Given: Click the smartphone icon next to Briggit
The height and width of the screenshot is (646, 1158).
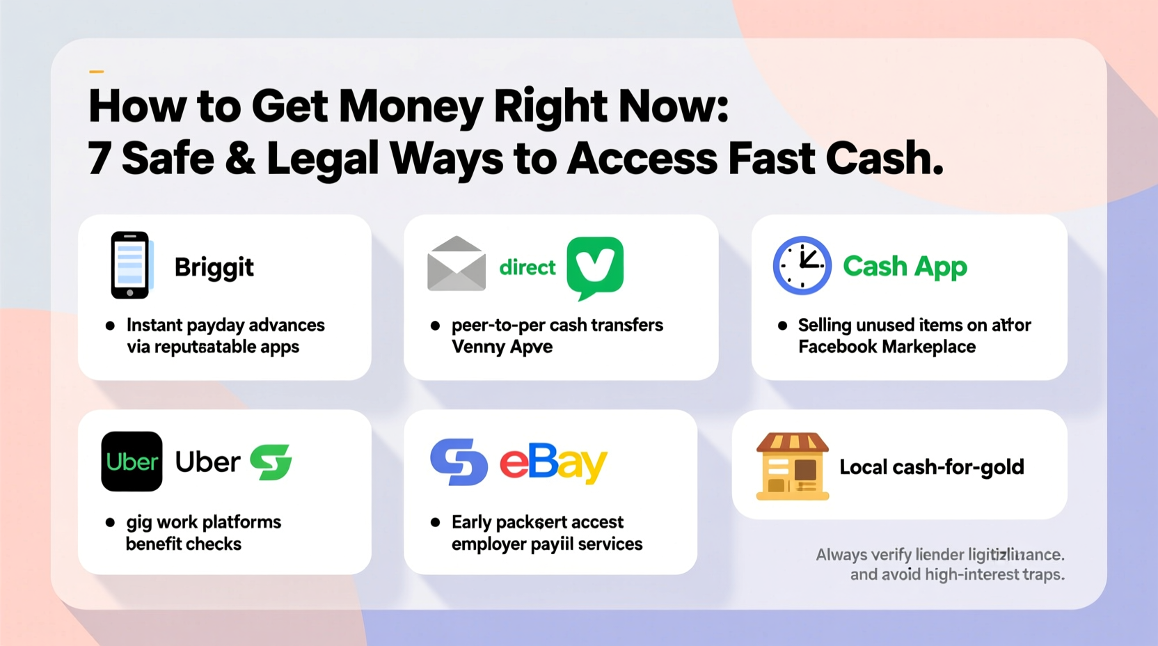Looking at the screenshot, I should (x=130, y=265).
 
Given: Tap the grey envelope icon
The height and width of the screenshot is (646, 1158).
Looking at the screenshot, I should (x=457, y=264).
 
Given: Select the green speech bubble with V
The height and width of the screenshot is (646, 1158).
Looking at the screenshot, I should (x=595, y=267).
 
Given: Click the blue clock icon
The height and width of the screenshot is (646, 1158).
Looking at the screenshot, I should (x=802, y=265).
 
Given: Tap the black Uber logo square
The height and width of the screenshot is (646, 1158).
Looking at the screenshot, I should (x=132, y=462).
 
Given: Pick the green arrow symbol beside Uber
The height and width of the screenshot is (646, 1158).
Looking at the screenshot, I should (x=271, y=462).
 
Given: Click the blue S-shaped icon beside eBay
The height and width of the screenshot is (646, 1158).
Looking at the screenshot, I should (x=459, y=462).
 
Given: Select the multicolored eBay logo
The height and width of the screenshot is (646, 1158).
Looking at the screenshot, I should (x=553, y=462).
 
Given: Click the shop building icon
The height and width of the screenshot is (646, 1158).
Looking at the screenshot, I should (x=793, y=466).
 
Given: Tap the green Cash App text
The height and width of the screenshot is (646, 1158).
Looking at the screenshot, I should (x=905, y=266).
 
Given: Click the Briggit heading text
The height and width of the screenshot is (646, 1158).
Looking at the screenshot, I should (x=214, y=267).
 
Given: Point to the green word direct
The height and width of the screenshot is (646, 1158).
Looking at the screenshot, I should (x=528, y=267).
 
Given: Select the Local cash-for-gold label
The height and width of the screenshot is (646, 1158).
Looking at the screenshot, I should (x=931, y=467).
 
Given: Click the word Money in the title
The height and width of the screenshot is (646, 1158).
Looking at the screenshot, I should (x=411, y=107).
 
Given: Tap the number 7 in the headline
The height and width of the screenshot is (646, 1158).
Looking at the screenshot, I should (x=99, y=159).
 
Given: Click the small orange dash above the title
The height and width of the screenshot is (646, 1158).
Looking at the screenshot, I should (x=96, y=71).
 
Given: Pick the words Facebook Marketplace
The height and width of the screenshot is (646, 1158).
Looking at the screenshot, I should (x=887, y=347).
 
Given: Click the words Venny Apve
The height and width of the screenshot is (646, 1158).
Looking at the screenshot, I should (x=502, y=347).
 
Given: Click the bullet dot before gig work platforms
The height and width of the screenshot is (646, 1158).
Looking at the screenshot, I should (x=110, y=522).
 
